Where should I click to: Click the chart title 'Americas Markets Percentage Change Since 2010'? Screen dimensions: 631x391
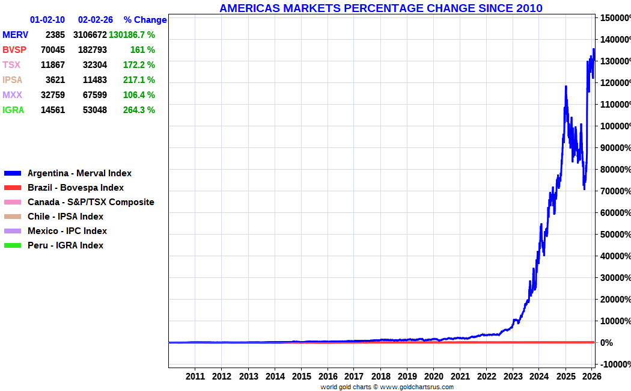[380, 8]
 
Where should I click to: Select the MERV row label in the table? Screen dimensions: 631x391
[15, 35]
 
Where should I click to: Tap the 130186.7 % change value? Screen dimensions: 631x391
[132, 35]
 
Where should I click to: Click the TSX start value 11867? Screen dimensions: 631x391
[53, 65]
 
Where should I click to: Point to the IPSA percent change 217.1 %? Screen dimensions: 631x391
[139, 80]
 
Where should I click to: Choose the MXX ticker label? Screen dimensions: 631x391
[12, 95]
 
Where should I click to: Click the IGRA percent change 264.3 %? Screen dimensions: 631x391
[139, 110]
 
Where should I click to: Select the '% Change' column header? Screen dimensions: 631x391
[145, 20]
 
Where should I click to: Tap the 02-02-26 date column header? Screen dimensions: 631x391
[96, 20]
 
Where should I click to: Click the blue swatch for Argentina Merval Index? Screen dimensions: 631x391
[13, 174]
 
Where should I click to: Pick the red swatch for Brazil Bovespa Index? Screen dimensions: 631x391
[13, 188]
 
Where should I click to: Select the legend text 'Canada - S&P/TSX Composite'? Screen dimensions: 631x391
[91, 202]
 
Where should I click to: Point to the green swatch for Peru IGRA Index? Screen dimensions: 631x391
[13, 245]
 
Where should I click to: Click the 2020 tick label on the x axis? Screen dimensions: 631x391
[434, 376]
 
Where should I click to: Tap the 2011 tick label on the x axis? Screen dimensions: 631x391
[195, 376]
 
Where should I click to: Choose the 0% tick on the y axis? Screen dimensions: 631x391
[606, 343]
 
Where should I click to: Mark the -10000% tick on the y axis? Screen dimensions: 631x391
[615, 365]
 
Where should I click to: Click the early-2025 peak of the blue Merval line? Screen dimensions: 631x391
[566, 86]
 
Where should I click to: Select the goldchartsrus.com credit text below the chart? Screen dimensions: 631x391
[387, 387]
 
